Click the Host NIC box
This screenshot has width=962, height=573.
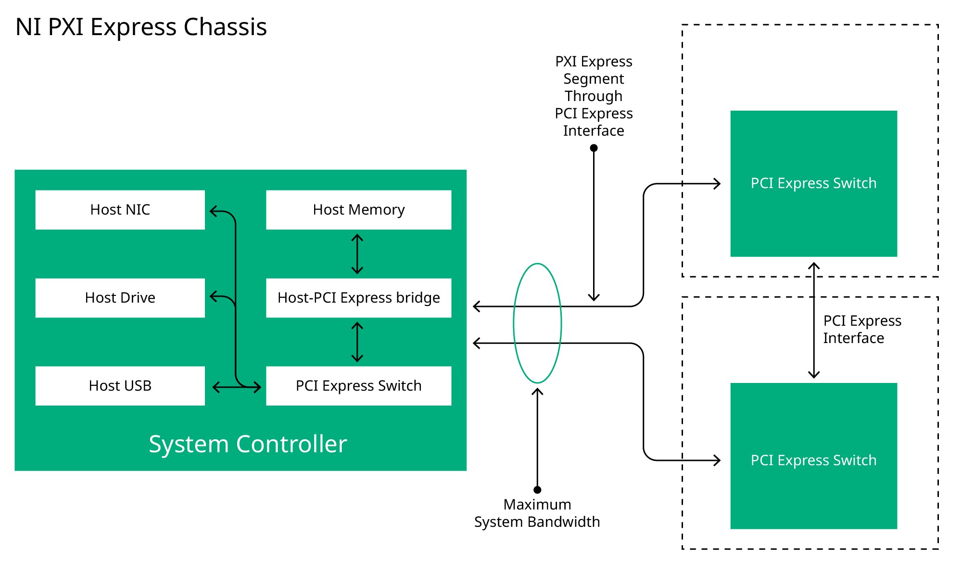(120, 210)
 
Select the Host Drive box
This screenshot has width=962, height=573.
(120, 298)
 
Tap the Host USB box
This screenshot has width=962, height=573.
(120, 386)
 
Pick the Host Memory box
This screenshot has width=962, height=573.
(358, 210)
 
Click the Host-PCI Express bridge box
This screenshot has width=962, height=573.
(358, 298)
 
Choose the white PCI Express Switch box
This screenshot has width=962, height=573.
(358, 386)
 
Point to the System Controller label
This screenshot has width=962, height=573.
(248, 444)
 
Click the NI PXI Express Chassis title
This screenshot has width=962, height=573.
(141, 27)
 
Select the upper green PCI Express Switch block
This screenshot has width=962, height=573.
(813, 183)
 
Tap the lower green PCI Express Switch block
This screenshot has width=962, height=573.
(813, 460)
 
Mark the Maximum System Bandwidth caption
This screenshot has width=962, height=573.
(537, 513)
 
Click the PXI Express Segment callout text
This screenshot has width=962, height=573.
(594, 96)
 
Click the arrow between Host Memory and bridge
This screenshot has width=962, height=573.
(357, 254)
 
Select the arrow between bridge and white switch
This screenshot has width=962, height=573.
(357, 342)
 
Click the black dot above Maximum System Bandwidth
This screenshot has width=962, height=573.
(537, 490)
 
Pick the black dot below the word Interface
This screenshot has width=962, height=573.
(594, 148)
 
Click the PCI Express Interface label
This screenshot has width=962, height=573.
(862, 330)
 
